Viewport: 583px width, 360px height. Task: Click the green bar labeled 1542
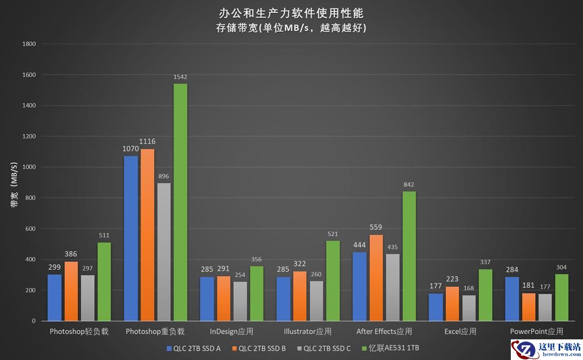click(x=180, y=202)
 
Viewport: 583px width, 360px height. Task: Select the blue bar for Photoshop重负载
click(x=131, y=238)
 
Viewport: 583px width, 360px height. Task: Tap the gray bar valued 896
click(x=164, y=252)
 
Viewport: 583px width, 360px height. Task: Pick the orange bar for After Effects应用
click(x=376, y=277)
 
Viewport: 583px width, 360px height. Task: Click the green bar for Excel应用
click(x=485, y=295)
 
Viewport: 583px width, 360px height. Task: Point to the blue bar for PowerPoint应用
click(x=511, y=299)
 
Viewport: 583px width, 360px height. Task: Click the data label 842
click(x=409, y=185)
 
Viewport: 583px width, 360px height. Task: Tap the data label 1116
click(x=147, y=141)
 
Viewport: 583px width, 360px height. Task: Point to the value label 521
click(x=333, y=234)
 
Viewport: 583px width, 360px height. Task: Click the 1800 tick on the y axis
click(x=29, y=44)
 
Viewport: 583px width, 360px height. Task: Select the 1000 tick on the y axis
click(x=29, y=167)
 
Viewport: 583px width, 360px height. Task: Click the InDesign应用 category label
click(x=231, y=331)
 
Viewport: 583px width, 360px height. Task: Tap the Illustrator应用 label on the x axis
click(x=307, y=331)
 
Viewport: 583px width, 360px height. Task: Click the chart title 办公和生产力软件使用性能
click(x=291, y=12)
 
